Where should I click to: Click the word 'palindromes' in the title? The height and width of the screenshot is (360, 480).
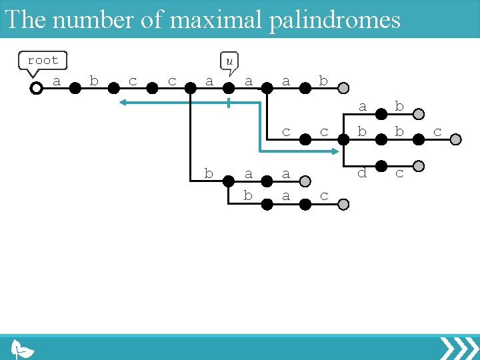(x=335, y=19)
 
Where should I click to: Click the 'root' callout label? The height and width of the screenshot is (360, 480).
(x=43, y=61)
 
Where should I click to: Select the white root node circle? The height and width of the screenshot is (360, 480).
(x=37, y=88)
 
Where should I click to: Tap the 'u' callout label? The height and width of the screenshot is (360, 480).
(x=229, y=61)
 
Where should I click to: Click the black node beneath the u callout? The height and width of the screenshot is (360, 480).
(x=229, y=88)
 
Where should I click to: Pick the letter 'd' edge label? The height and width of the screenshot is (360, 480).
(x=362, y=173)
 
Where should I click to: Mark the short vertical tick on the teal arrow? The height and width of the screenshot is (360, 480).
(x=229, y=103)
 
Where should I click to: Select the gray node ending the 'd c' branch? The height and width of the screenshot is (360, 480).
(x=419, y=165)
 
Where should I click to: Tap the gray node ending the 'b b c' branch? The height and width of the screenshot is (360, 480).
(x=456, y=139)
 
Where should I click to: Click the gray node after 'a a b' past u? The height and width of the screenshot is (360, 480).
(x=343, y=88)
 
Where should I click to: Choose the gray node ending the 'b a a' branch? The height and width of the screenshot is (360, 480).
(x=305, y=181)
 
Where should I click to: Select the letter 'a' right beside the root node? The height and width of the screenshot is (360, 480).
(x=57, y=81)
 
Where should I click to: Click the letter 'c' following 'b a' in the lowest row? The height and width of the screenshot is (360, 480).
(x=324, y=196)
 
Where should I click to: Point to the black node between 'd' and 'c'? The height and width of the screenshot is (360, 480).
(x=381, y=165)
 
